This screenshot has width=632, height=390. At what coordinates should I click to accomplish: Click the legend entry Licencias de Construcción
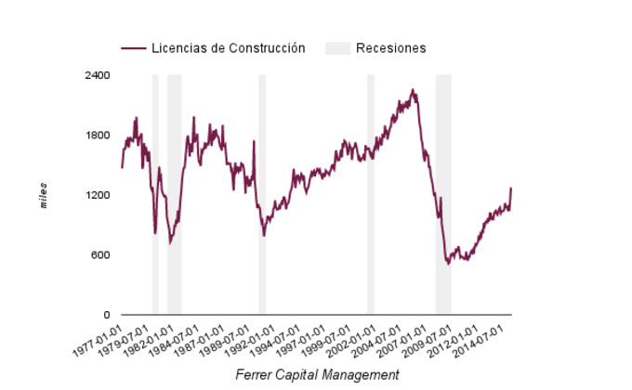[228, 48]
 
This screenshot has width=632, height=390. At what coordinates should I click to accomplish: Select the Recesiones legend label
[390, 48]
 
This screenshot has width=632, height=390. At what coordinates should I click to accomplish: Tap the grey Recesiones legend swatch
[337, 48]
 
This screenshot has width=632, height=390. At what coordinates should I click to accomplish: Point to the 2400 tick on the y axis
[98, 75]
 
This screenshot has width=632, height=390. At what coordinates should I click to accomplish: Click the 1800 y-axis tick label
[98, 136]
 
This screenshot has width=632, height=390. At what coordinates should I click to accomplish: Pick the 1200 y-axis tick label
[98, 196]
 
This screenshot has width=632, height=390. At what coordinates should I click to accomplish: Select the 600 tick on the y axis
[100, 256]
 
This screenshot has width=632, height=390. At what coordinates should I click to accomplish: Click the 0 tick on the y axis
[107, 316]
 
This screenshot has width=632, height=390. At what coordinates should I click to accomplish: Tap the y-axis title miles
[44, 196]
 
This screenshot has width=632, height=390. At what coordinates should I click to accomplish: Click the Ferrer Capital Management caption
[317, 375]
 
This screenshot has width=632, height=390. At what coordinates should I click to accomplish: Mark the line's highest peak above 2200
[413, 90]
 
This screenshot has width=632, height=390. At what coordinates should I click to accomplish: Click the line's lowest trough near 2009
[448, 265]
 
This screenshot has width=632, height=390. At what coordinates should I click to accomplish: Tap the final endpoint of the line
[511, 188]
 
